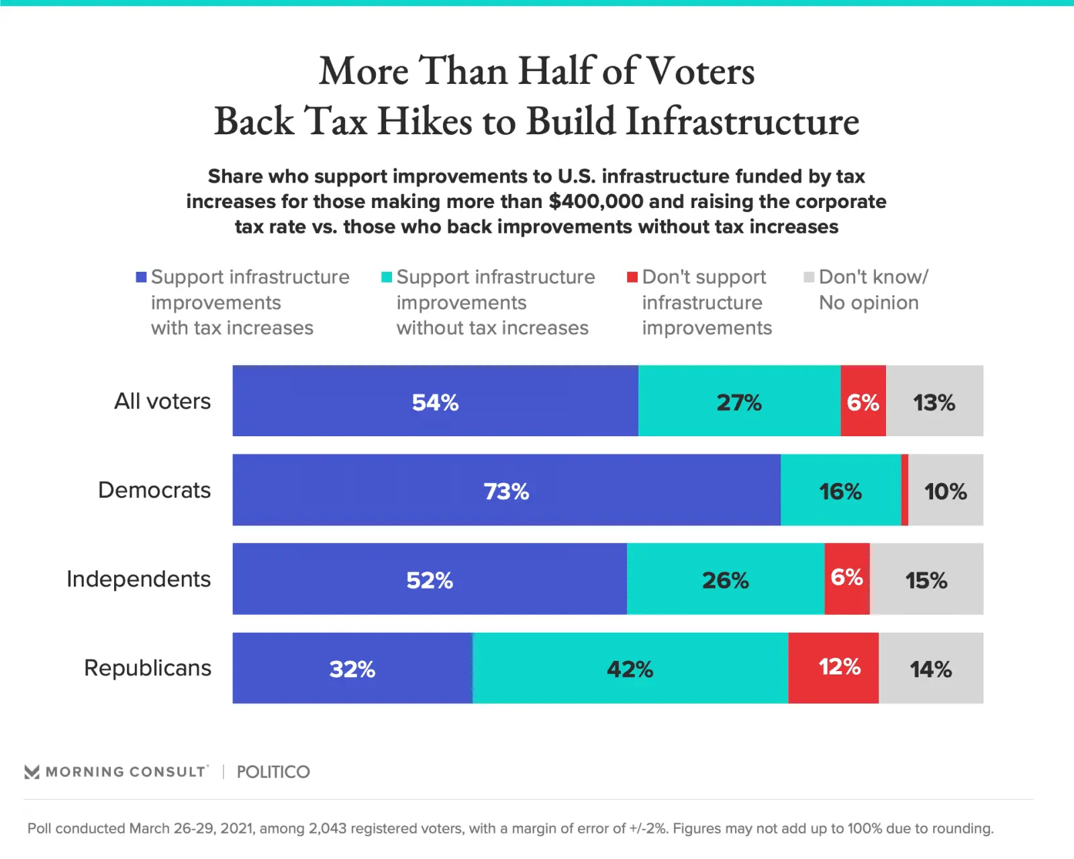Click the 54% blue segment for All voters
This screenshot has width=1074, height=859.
point(435,401)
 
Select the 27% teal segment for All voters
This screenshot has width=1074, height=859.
point(739,401)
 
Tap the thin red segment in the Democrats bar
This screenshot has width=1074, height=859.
point(905,490)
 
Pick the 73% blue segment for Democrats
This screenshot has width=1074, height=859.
point(506,490)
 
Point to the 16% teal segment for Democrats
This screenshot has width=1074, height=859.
point(840,490)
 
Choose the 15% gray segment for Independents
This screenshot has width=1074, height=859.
point(926,579)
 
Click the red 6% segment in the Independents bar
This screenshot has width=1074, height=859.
point(847,579)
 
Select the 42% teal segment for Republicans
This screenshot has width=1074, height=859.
point(630,668)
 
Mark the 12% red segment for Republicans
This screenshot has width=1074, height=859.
point(833,668)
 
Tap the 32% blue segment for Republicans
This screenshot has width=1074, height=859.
point(352,668)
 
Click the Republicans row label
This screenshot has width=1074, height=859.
point(148,668)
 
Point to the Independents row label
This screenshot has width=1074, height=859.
point(138,579)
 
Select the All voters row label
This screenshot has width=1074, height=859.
point(162,401)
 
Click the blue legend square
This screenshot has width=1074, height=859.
point(141,277)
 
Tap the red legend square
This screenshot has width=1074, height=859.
point(632,277)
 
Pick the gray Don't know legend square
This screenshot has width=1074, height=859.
point(809,277)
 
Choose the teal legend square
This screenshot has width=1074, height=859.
point(387,277)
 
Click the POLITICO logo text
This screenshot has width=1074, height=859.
point(273,772)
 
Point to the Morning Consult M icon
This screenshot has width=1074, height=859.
point(32,772)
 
